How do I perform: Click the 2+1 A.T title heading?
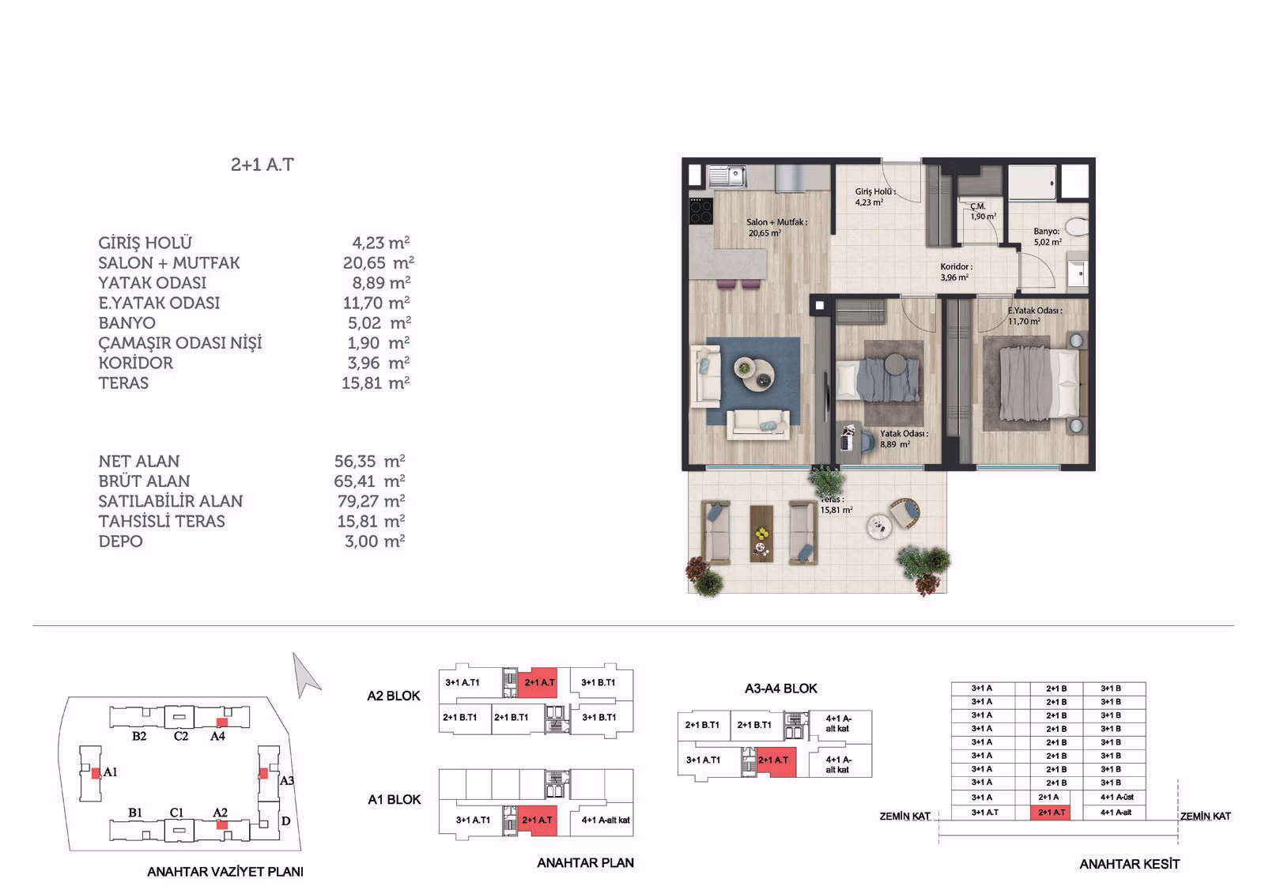pos(262,164)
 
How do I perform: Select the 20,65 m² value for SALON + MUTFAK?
pos(379,262)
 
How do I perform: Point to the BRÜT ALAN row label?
pos(144,481)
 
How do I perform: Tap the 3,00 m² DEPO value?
pos(375,541)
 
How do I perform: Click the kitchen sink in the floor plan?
pos(727,176)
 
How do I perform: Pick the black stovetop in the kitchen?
pos(700,212)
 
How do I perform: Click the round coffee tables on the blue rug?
pos(754,374)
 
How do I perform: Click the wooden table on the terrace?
pos(761,534)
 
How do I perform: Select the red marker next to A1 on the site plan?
pos(96,773)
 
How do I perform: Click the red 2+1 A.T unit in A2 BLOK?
pos(538,683)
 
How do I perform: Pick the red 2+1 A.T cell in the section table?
pos(1051,813)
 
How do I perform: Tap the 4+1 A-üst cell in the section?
pos(1116,798)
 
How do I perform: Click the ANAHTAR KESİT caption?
pos(1130,864)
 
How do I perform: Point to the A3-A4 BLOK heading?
pos(781,688)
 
